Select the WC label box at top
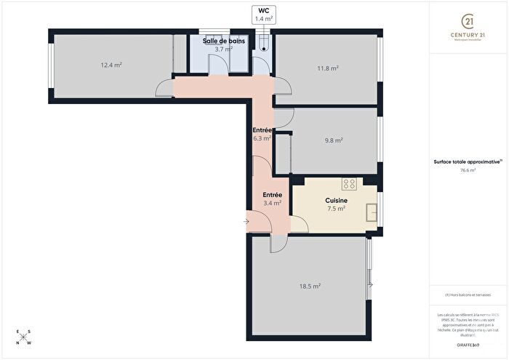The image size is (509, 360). [x=262, y=14]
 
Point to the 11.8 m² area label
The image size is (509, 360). [x=328, y=68]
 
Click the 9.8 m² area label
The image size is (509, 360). [x=333, y=141]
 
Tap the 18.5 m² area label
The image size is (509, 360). [x=310, y=287]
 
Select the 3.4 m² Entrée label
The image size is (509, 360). [x=271, y=199]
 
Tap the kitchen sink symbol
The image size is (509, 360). [x=372, y=212]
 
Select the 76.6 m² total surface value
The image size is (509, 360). [x=468, y=170]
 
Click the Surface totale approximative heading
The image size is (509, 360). [x=468, y=161]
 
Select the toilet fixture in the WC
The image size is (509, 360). [x=262, y=44]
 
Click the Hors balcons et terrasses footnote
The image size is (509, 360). [x=468, y=295]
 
